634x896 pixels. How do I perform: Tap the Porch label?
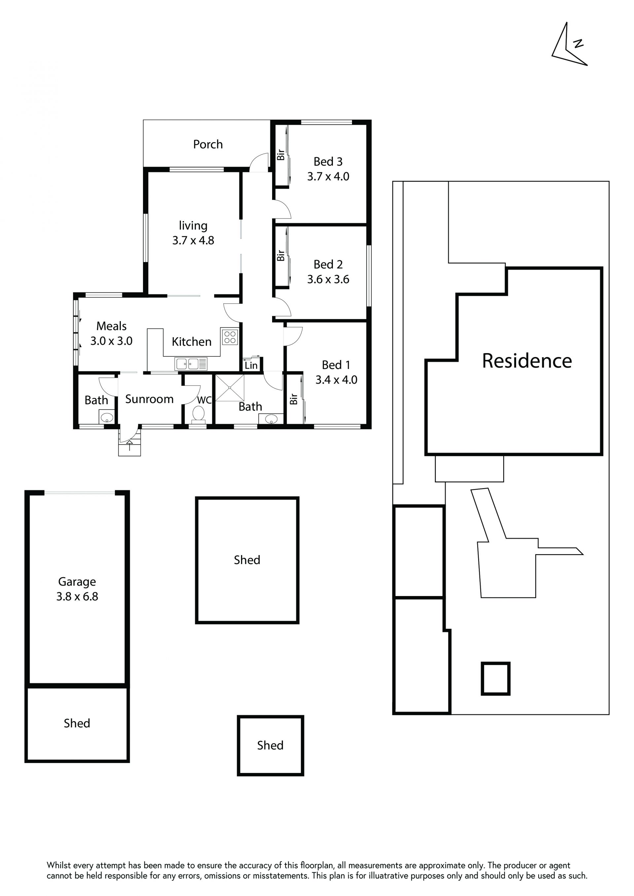(x=208, y=145)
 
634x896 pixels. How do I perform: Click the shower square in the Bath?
(x=229, y=387)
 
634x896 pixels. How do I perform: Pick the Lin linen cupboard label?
(x=251, y=365)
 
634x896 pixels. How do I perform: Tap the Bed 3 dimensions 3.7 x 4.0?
(x=328, y=176)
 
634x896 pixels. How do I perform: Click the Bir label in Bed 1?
(x=294, y=399)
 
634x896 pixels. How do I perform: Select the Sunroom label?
(x=149, y=399)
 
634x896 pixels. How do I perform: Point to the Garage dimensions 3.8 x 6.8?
(x=77, y=596)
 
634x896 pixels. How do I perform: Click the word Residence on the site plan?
(x=527, y=361)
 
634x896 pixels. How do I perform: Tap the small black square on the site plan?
(x=495, y=679)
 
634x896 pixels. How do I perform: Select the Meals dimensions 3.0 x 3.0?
(x=111, y=341)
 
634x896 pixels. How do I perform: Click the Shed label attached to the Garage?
(x=77, y=723)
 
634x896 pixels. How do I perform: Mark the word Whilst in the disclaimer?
(x=58, y=865)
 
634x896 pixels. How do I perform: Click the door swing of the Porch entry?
(x=259, y=163)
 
